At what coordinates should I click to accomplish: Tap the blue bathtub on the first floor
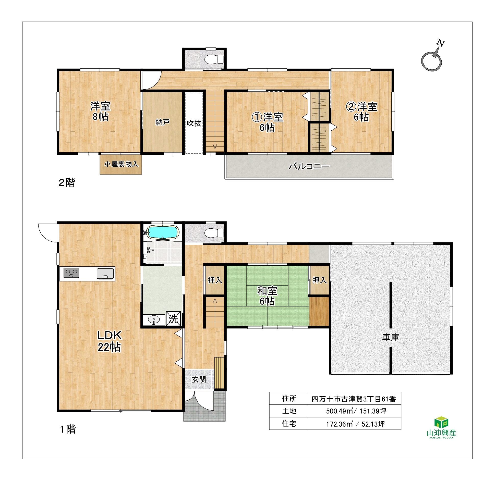(163, 232)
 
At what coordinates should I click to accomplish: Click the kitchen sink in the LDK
(105, 274)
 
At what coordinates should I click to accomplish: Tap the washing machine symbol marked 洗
(173, 319)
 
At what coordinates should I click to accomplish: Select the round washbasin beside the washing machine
(154, 320)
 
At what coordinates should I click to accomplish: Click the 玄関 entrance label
(199, 380)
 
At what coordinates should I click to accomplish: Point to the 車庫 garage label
(391, 337)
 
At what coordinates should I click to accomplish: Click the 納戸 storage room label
(162, 122)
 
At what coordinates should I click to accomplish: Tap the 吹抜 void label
(194, 123)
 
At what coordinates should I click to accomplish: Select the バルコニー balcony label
(309, 166)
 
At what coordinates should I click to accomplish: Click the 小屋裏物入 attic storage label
(121, 164)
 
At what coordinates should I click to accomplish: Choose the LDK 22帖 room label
(109, 341)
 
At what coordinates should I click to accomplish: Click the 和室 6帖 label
(267, 296)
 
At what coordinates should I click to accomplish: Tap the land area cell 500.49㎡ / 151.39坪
(356, 411)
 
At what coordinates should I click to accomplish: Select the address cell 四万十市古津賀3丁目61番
(354, 399)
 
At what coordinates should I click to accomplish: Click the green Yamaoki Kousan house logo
(441, 427)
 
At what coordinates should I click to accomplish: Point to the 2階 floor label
(67, 182)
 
